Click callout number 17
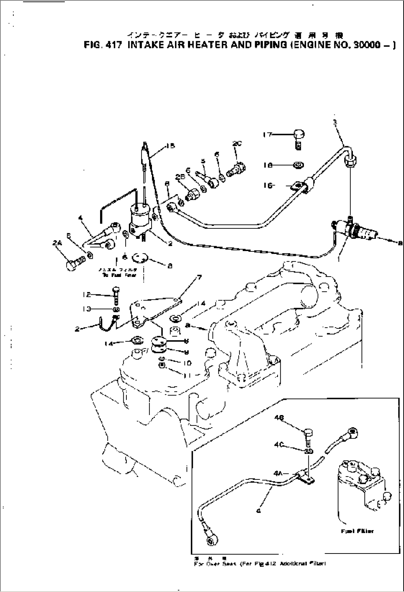267,135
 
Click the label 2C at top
237,144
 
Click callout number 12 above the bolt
86,295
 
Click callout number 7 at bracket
199,277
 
